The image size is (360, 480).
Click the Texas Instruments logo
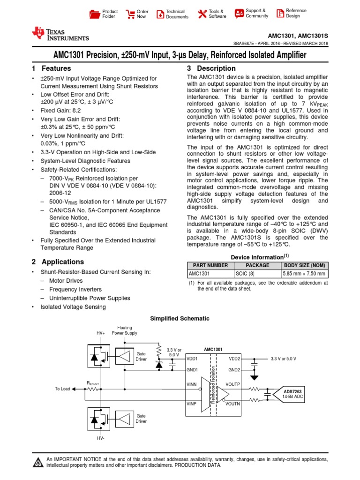pyautogui.click(x=60, y=34)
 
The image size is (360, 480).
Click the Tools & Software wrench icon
pyautogui.click(x=202, y=14)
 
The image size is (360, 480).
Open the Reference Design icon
pyautogui.click(x=280, y=13)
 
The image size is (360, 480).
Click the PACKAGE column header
pyautogui.click(x=257, y=265)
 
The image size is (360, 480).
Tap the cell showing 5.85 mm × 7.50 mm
pyautogui.click(x=304, y=274)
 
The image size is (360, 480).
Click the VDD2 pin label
pyautogui.click(x=234, y=358)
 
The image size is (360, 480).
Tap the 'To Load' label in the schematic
pyautogui.click(x=62, y=389)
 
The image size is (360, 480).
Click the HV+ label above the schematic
pyautogui.click(x=101, y=333)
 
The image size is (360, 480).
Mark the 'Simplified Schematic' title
pyautogui.click(x=180, y=318)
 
